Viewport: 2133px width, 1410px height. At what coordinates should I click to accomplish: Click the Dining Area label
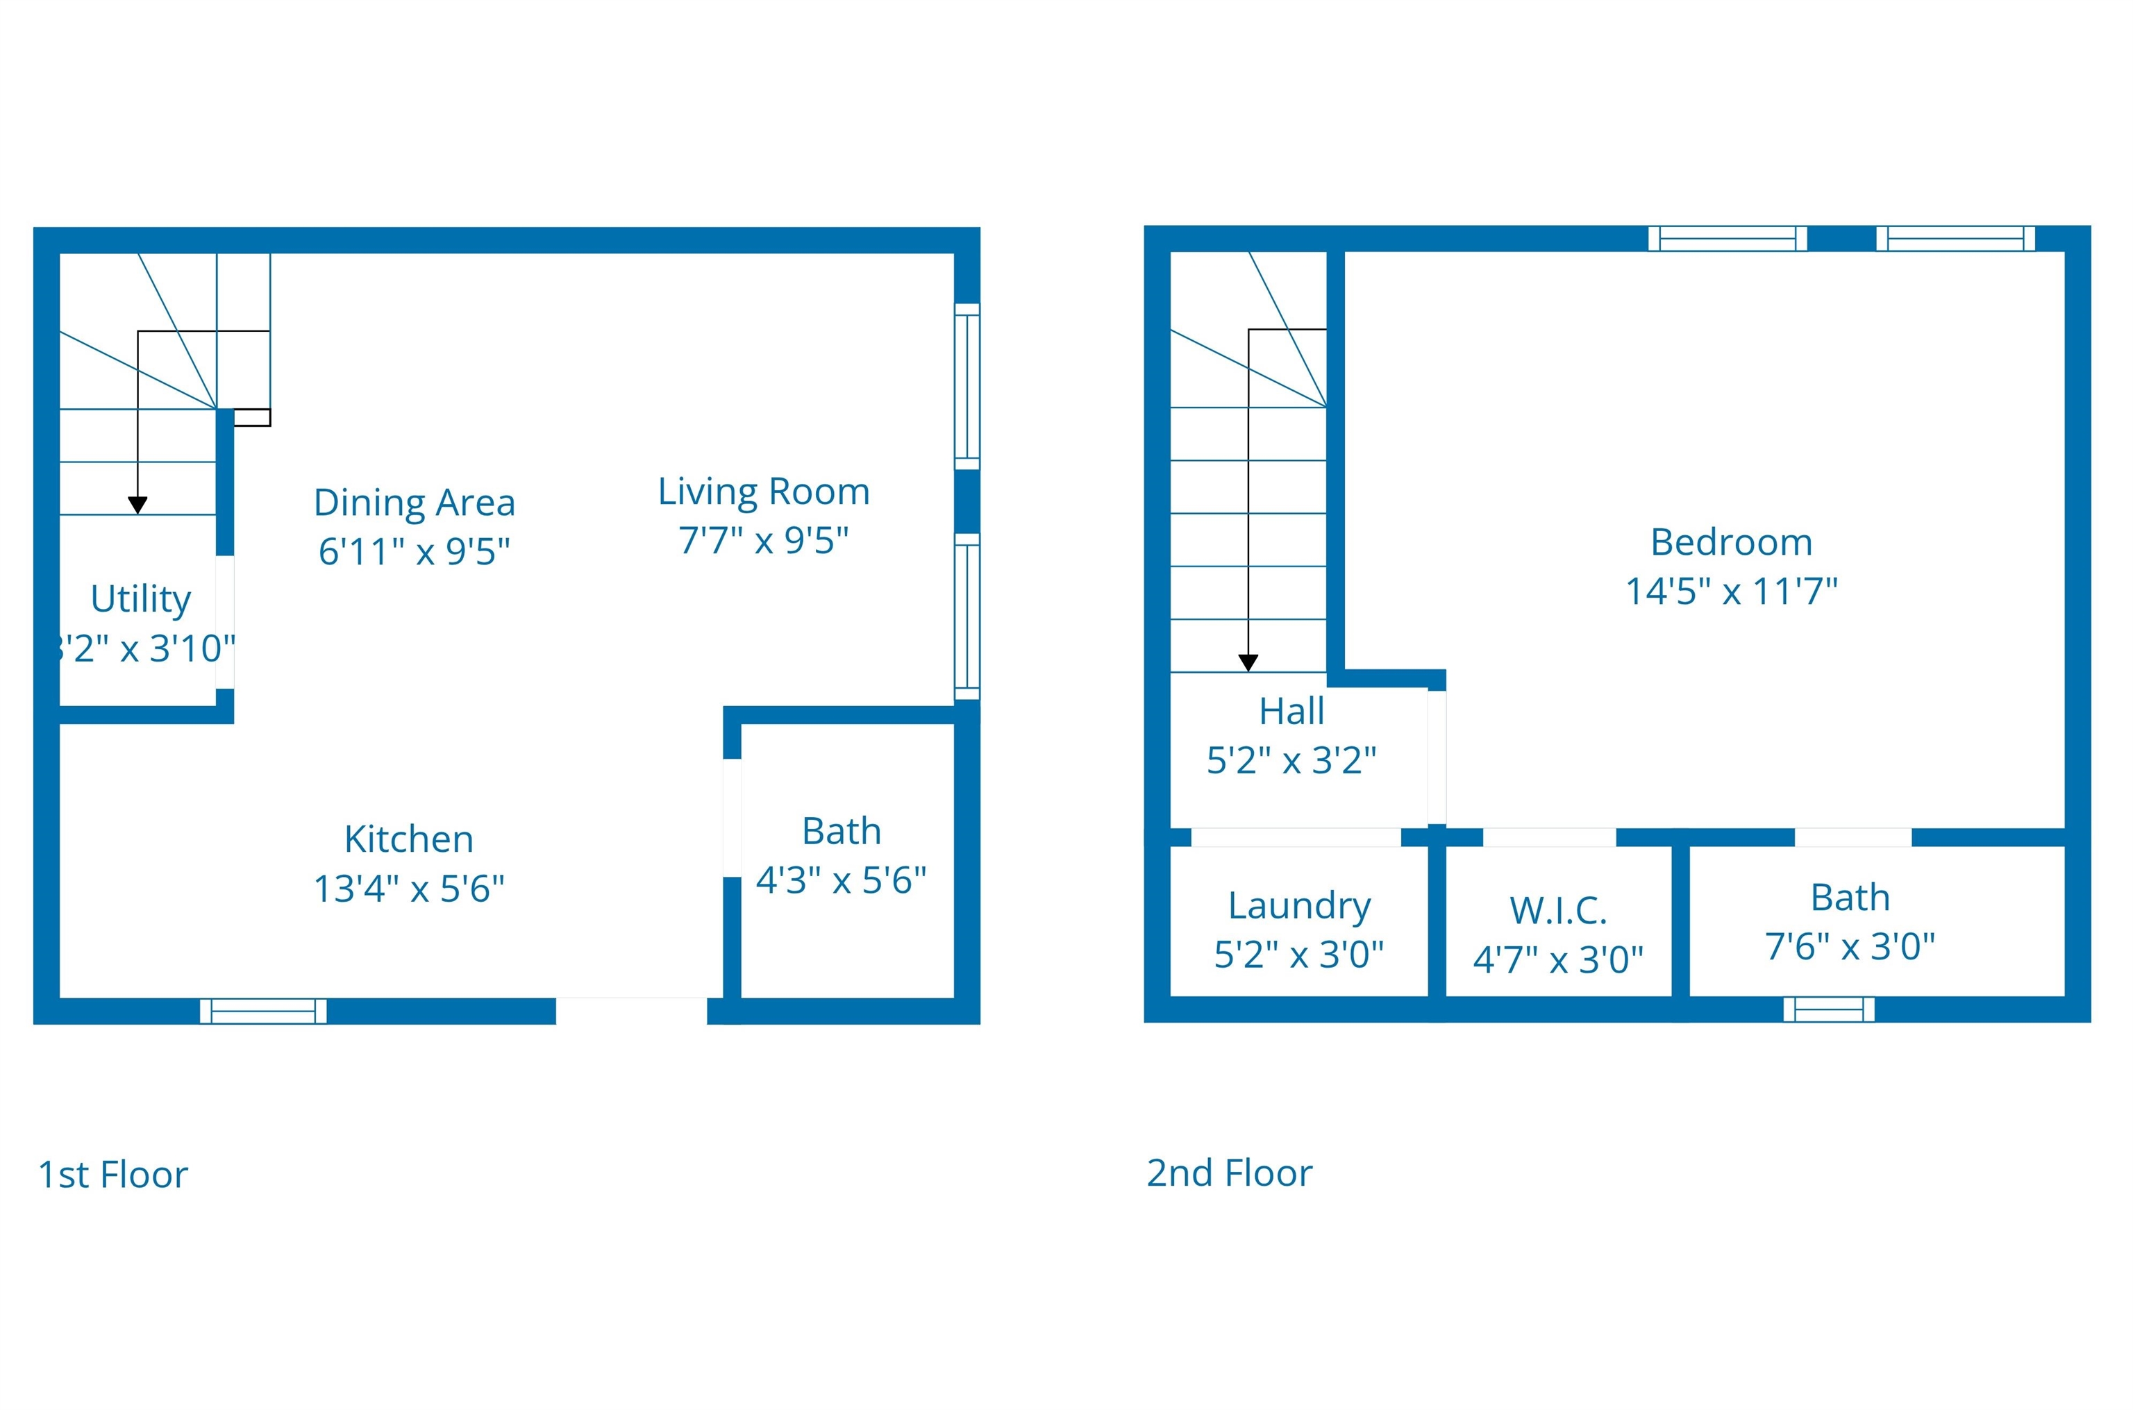[414, 503]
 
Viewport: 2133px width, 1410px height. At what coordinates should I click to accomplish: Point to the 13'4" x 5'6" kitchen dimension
[408, 889]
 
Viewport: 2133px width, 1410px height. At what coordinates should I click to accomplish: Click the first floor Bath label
[841, 831]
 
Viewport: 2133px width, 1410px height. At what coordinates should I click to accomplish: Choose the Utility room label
[140, 599]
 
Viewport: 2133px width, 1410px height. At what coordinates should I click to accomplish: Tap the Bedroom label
[1731, 542]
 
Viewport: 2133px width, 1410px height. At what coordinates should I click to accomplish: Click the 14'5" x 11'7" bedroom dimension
[1731, 591]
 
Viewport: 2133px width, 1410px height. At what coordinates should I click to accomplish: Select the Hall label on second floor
[1291, 712]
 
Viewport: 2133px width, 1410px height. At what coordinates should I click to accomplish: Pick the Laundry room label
[1299, 905]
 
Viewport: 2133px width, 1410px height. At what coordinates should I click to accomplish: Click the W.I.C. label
[1557, 911]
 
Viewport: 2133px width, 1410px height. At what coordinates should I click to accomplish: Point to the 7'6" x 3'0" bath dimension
[1850, 947]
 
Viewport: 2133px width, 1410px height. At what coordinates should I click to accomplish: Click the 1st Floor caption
[112, 1175]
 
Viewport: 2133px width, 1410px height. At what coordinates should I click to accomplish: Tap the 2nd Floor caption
[1229, 1173]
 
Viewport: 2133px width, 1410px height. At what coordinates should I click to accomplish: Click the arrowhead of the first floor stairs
[137, 505]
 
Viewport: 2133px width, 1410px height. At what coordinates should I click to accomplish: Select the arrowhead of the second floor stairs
[1248, 663]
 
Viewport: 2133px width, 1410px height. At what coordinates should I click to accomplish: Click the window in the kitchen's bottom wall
[262, 1011]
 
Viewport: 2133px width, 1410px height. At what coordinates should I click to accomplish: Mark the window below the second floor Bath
[1829, 1009]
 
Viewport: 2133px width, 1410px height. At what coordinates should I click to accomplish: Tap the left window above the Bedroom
[1728, 238]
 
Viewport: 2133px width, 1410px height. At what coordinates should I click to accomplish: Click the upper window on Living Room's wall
[967, 386]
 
